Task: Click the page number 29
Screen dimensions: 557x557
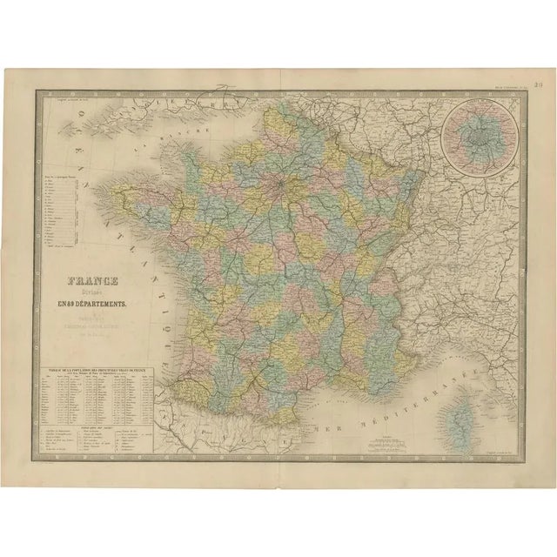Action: tap(539, 84)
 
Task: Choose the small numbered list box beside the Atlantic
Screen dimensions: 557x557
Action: tap(61, 213)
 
